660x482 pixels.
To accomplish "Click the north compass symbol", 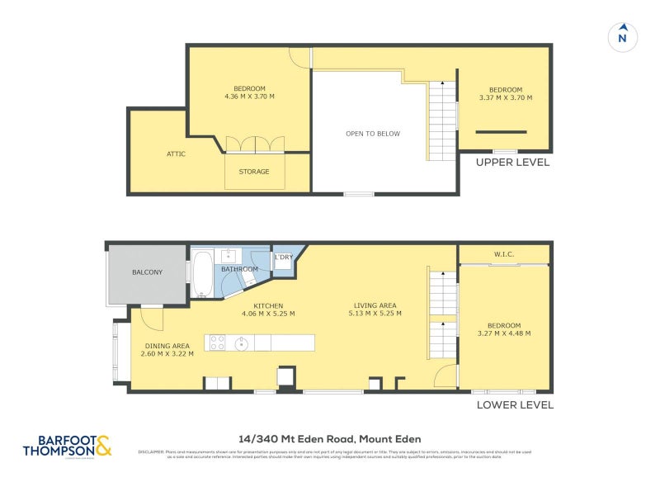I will pyautogui.click(x=623, y=37).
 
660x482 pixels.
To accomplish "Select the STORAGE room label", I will pyautogui.click(x=254, y=172).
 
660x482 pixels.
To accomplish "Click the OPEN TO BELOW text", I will pyautogui.click(x=373, y=134).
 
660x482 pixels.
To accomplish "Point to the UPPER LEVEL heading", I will pyautogui.click(x=512, y=163).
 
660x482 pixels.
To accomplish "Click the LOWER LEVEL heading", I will pyautogui.click(x=515, y=405).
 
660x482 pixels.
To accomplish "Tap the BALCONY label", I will pyautogui.click(x=148, y=272).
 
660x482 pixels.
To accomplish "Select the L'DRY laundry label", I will pyautogui.click(x=283, y=258).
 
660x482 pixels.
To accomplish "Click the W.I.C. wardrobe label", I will pyautogui.click(x=504, y=254).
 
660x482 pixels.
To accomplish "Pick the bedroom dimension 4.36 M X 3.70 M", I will pyautogui.click(x=249, y=97).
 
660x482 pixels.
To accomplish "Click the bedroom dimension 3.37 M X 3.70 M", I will pyautogui.click(x=505, y=97).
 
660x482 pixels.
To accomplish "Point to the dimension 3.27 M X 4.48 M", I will pyautogui.click(x=504, y=333).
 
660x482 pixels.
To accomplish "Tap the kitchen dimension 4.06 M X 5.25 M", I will pyautogui.click(x=268, y=314).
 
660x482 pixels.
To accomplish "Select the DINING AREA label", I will pyautogui.click(x=168, y=346).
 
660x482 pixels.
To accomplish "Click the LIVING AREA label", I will pyautogui.click(x=375, y=305).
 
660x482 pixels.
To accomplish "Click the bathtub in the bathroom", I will pyautogui.click(x=202, y=274).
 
